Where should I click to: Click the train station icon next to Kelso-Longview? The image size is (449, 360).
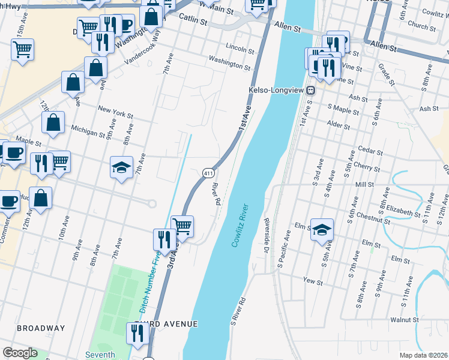(311, 91)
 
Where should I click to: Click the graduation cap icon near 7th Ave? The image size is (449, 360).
(122, 168)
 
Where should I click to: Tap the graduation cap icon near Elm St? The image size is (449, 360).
(322, 230)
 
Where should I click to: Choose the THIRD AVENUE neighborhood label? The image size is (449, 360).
(166, 324)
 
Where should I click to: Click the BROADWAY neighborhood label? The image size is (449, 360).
(41, 328)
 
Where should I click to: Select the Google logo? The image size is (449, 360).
(20, 353)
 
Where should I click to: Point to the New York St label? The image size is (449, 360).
(115, 112)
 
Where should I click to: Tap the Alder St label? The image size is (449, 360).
(339, 126)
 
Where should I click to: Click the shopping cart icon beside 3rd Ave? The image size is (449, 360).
(182, 226)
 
